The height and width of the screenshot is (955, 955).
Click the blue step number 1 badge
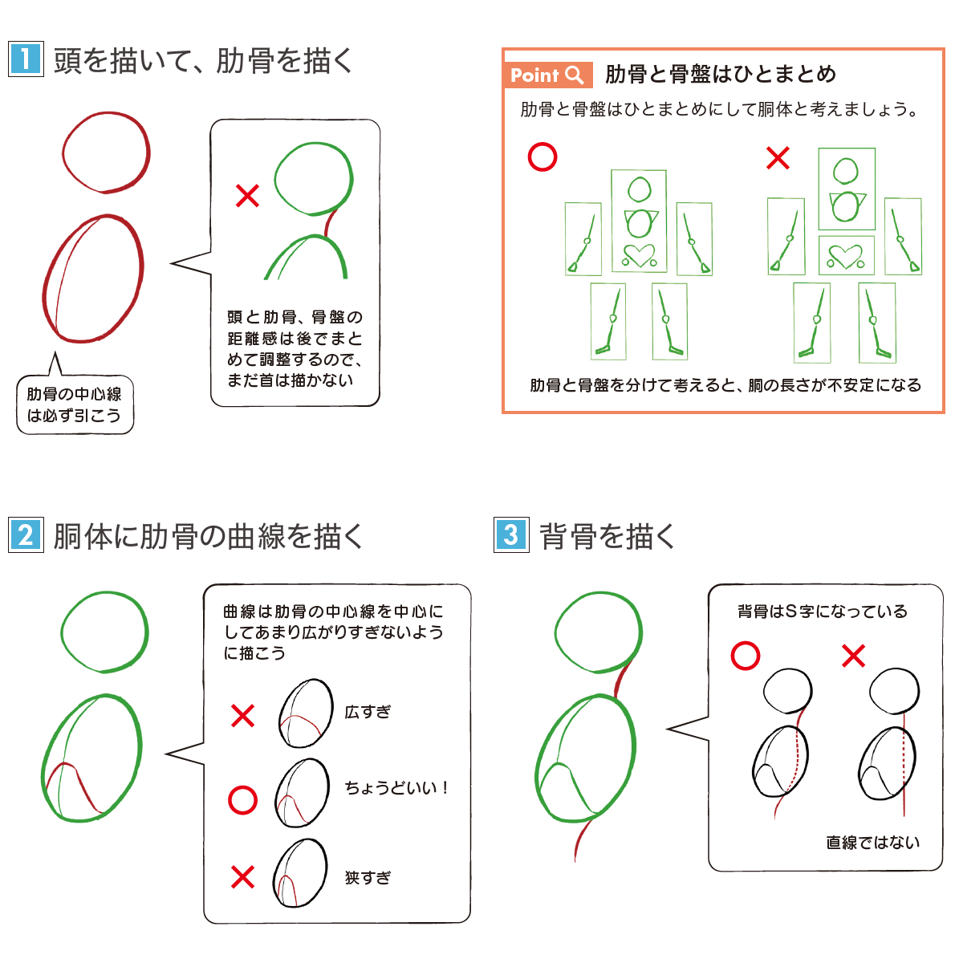pyautogui.click(x=26, y=59)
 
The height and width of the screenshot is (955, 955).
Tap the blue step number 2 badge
pyautogui.click(x=26, y=534)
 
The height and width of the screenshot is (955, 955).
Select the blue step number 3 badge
pyautogui.click(x=511, y=534)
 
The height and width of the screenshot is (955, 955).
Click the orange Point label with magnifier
pyautogui.click(x=547, y=75)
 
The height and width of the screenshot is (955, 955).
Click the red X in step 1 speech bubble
pyautogui.click(x=247, y=195)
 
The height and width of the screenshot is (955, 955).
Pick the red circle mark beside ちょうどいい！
pyautogui.click(x=242, y=799)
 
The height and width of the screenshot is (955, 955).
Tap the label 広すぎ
pyautogui.click(x=368, y=712)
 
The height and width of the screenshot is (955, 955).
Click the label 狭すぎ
pyautogui.click(x=368, y=877)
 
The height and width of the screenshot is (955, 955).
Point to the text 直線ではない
pyautogui.click(x=872, y=843)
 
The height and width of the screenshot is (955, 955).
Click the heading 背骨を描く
pyautogui.click(x=608, y=535)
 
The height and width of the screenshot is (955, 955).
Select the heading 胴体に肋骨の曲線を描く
pyautogui.click(x=209, y=535)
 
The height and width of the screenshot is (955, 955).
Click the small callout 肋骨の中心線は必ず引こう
pyautogui.click(x=75, y=404)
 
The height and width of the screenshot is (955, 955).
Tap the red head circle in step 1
pyautogui.click(x=106, y=152)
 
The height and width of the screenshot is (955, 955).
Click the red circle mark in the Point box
pyautogui.click(x=543, y=157)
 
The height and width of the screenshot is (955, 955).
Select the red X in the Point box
pyautogui.click(x=778, y=157)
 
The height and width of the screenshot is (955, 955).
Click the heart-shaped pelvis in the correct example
pyautogui.click(x=639, y=255)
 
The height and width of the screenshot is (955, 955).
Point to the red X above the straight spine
pyautogui.click(x=853, y=656)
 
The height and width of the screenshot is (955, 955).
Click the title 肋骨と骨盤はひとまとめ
pyautogui.click(x=720, y=75)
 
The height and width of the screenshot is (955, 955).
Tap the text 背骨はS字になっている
pyautogui.click(x=823, y=612)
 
